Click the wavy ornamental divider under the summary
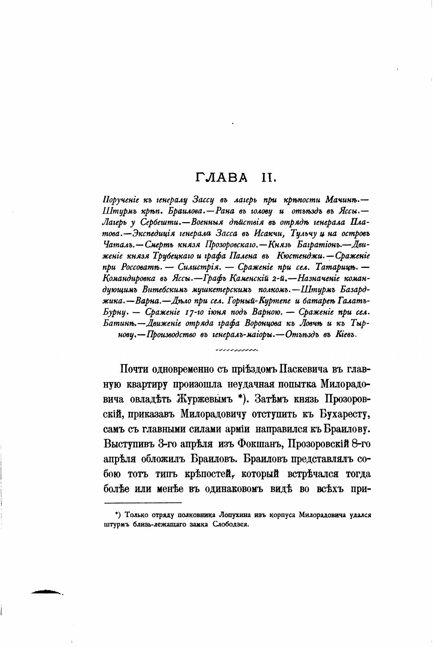coord(236,349)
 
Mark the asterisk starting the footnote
coord(118,514)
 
